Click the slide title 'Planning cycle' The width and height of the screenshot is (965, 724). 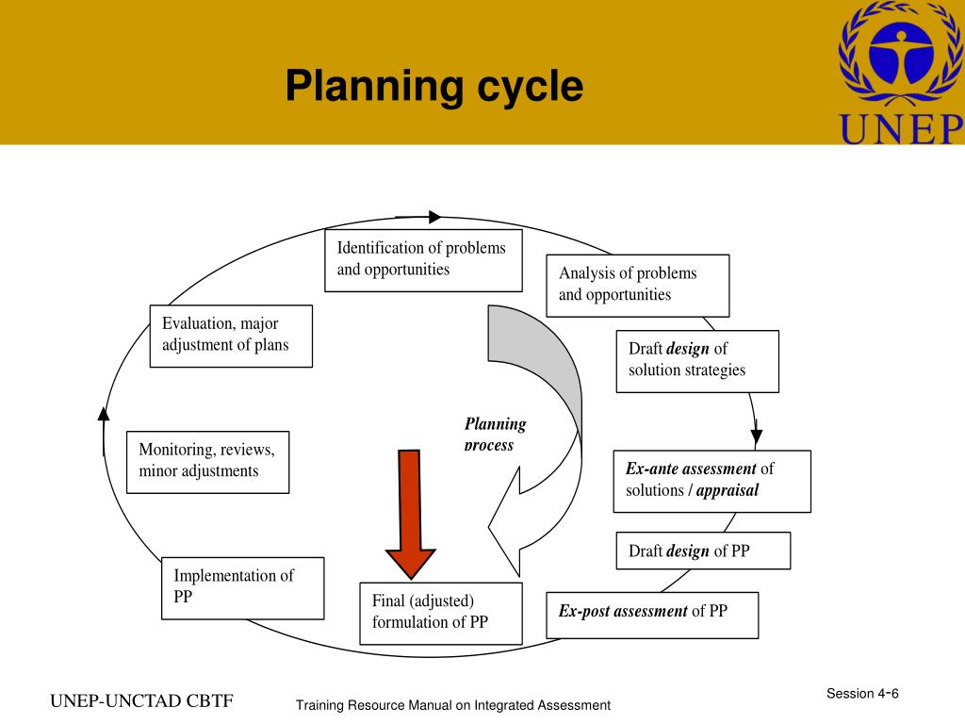[434, 87]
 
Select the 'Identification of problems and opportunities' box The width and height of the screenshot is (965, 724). [423, 259]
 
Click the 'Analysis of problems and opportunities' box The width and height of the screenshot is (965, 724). [637, 285]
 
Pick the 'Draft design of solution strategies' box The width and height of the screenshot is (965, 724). [697, 360]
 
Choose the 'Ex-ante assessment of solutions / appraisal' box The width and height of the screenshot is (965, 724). [711, 481]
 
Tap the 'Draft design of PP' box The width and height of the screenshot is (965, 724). [703, 551]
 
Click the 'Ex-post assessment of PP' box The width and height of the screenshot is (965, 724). [652, 614]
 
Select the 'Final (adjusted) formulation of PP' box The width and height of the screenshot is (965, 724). [440, 613]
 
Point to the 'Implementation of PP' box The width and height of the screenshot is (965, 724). [242, 587]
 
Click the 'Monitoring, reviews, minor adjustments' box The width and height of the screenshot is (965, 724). [207, 461]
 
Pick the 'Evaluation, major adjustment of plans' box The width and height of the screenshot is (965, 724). [231, 336]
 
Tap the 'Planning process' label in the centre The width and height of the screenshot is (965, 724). [495, 435]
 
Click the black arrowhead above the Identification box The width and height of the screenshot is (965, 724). [434, 217]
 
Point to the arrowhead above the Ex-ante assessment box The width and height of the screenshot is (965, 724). [756, 436]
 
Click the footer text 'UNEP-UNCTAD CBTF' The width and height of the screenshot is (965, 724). [141, 701]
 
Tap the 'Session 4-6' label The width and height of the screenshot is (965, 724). [862, 694]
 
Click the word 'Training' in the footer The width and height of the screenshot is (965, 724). [319, 705]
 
